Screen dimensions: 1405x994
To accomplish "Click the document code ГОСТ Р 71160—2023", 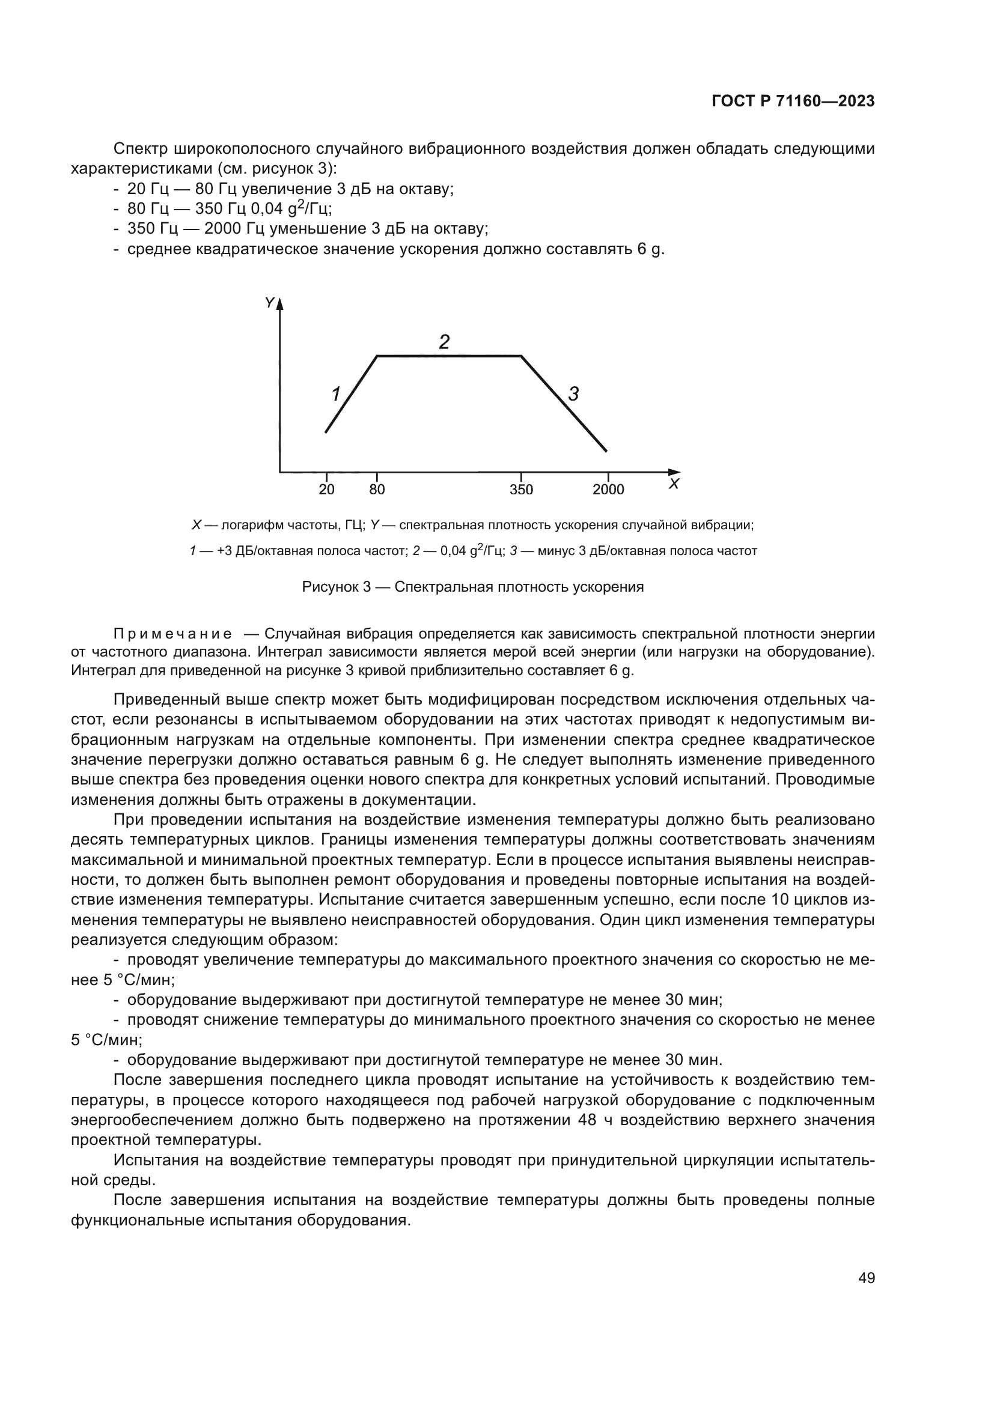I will coord(793,102).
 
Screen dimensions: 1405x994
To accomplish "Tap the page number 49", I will coord(866,1278).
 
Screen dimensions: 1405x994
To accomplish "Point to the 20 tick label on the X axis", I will coord(326,490).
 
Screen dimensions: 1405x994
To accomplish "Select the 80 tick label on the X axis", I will coord(377,490).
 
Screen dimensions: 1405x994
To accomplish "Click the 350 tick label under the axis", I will coord(521,490).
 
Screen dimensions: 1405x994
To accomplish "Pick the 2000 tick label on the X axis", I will coord(608,490).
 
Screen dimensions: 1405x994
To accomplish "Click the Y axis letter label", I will coord(269,302).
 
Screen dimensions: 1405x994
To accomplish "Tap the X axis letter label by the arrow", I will coord(674,484).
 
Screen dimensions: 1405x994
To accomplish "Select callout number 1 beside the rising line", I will coord(335,394).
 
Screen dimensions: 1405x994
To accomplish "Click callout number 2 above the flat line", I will coord(444,341).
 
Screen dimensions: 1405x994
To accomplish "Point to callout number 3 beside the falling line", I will coord(573,394).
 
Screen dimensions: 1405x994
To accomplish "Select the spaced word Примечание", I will coord(172,633).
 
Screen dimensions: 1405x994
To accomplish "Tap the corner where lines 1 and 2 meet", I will coord(377,356).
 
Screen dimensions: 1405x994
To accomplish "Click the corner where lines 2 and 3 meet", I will coord(521,356).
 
